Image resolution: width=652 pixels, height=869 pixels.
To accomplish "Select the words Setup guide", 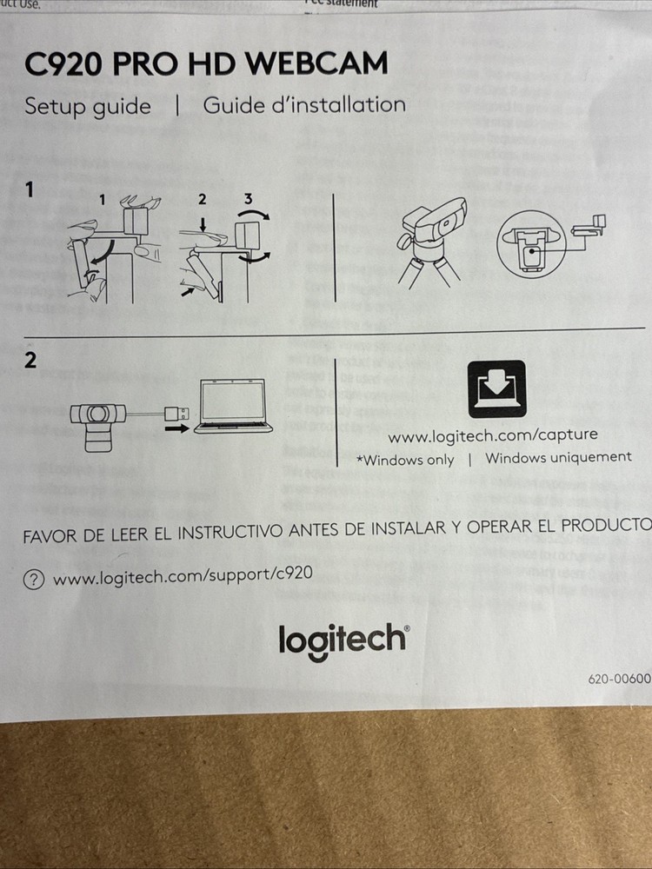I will point(87,106).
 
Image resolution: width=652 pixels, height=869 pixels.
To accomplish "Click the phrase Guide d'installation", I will point(304,105).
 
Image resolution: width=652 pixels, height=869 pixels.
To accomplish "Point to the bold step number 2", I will point(30,361).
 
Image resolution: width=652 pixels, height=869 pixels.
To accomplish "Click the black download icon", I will point(496,388).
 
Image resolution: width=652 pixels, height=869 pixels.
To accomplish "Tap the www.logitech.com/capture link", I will point(493,434).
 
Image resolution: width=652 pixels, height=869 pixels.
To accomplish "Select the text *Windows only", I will point(405,460).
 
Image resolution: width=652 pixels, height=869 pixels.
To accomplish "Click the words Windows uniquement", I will point(558,457).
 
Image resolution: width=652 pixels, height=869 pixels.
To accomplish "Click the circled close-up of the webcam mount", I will point(530,242).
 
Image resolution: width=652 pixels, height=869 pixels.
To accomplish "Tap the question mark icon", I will point(34,580).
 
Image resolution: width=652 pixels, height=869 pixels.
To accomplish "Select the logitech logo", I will point(343,640).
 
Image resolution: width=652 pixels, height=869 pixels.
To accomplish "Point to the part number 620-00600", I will point(619,680).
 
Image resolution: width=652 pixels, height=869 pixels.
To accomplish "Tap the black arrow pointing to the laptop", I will point(177,428).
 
